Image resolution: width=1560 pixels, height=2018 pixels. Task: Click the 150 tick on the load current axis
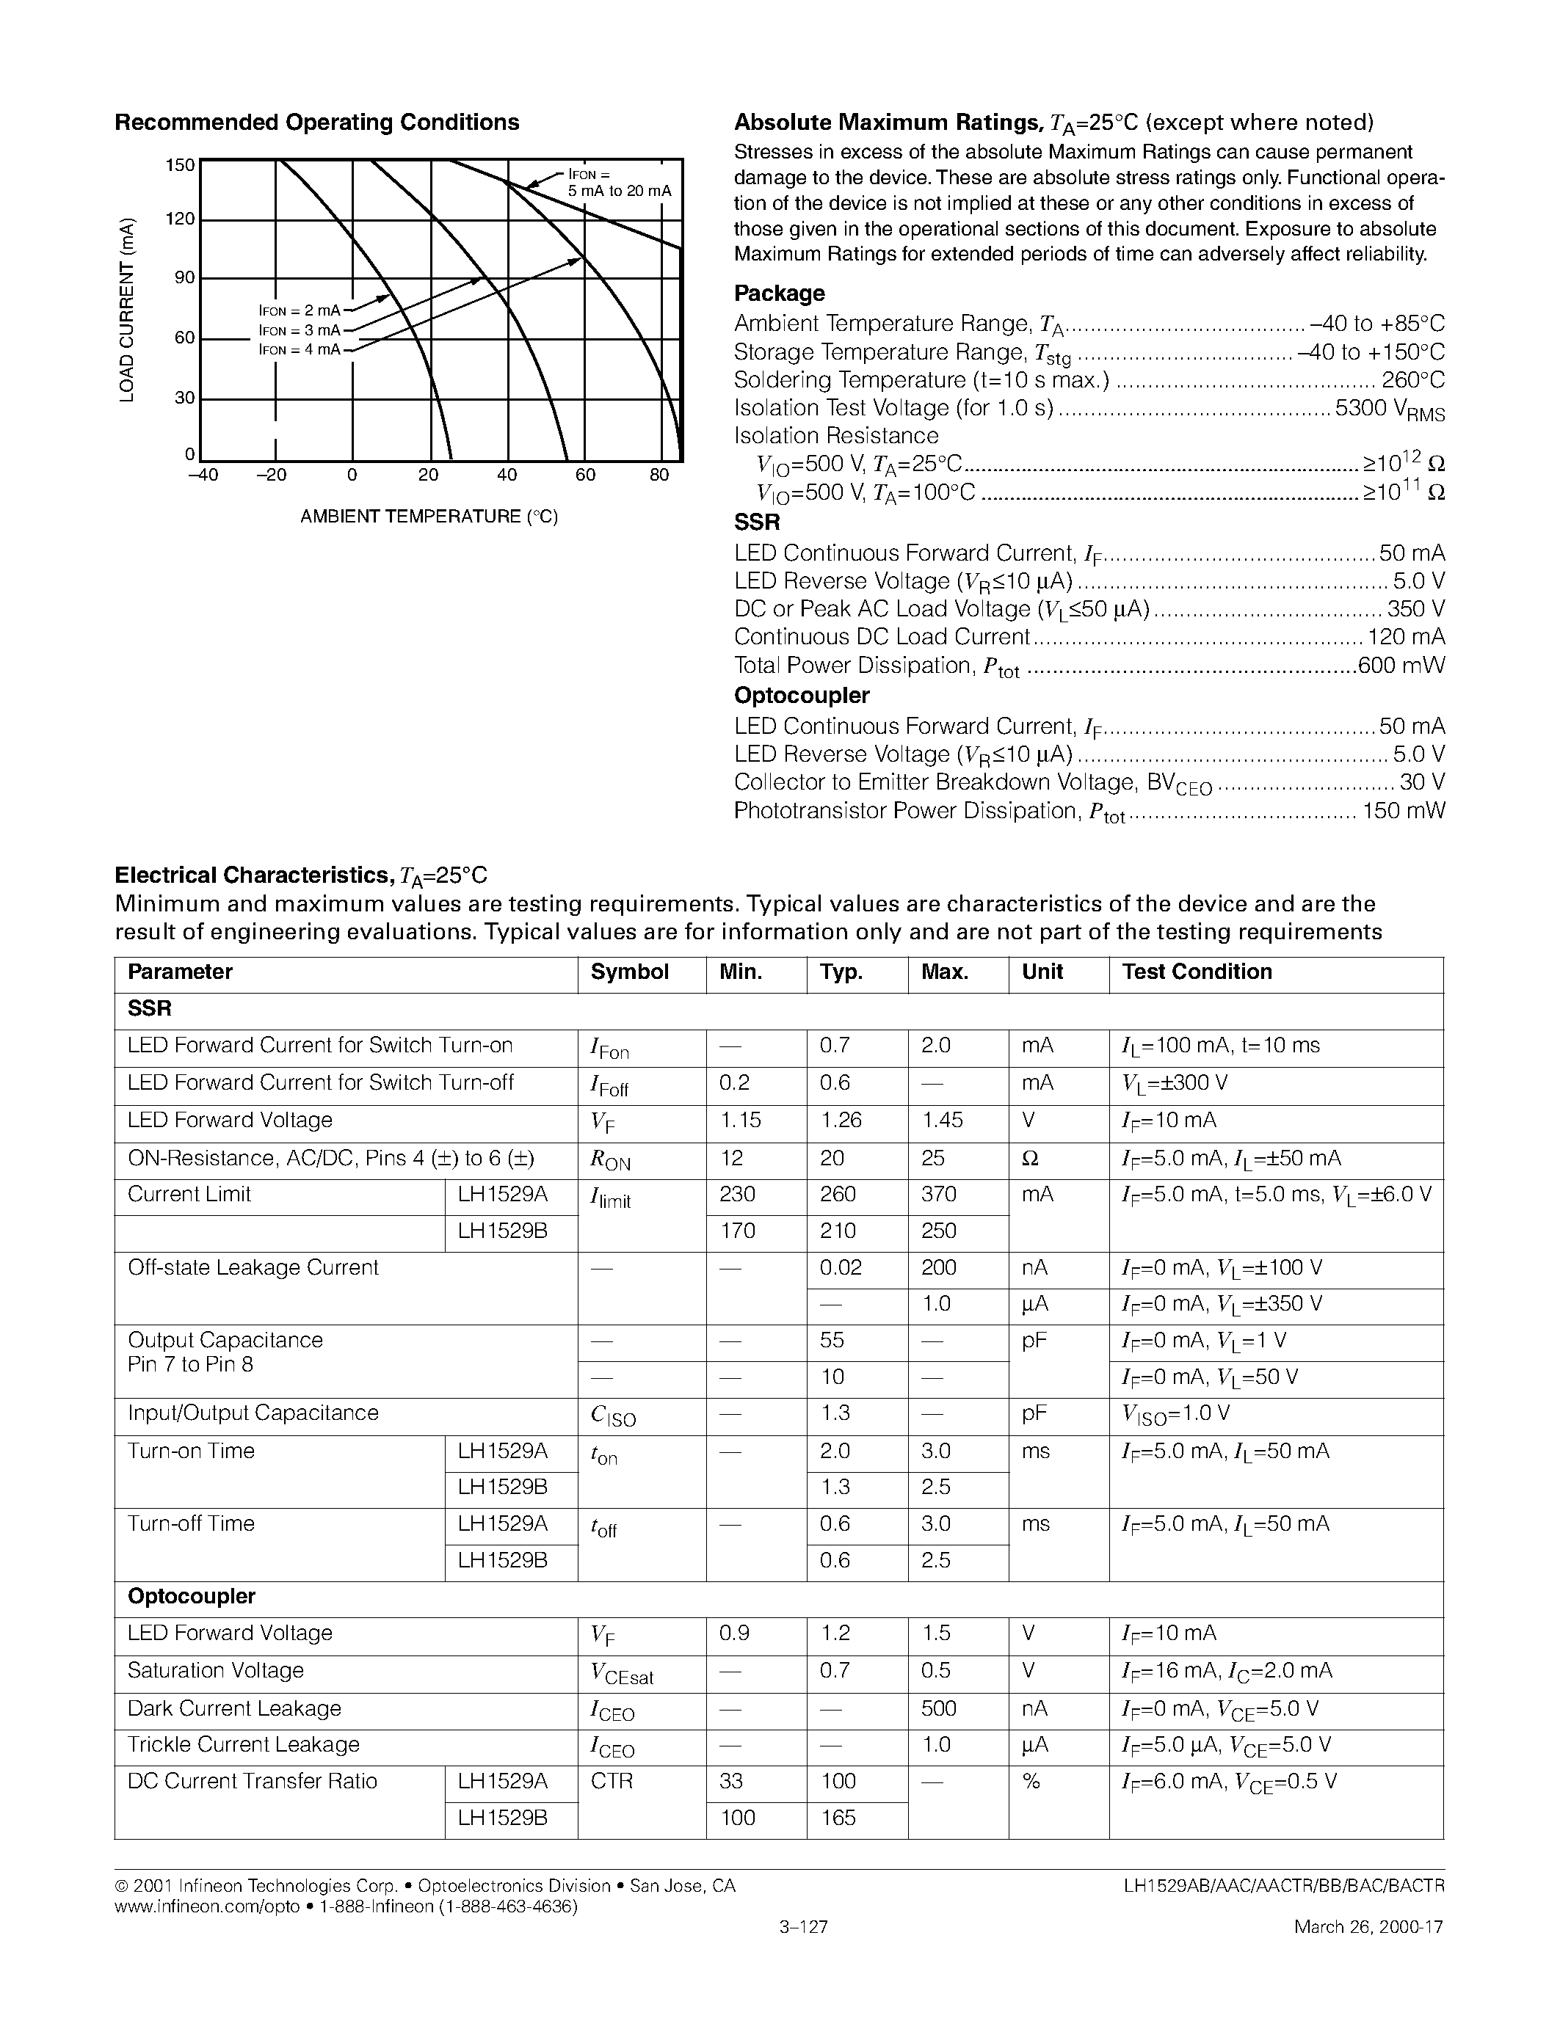(x=180, y=165)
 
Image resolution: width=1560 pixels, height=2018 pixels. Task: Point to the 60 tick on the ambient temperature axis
(x=585, y=475)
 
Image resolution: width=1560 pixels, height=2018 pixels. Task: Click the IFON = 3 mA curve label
(x=300, y=330)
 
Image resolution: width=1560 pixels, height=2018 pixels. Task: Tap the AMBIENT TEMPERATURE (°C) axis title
(x=429, y=517)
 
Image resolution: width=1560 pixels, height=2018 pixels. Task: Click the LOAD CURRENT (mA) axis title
(x=128, y=310)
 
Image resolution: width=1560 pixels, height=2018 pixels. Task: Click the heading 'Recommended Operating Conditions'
(x=316, y=123)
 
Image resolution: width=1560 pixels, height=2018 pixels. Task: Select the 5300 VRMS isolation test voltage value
(x=1389, y=409)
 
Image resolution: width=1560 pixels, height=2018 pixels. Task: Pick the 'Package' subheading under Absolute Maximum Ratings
(x=779, y=293)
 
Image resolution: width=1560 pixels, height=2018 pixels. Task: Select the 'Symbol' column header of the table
(x=629, y=972)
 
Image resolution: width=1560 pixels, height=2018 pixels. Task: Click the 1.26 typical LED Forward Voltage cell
(x=840, y=1120)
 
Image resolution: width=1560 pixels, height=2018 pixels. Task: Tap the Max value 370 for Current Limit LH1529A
(x=938, y=1194)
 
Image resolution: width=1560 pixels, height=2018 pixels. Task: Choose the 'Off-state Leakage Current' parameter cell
(x=253, y=1268)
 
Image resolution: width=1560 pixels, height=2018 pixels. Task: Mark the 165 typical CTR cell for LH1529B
(x=838, y=1818)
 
